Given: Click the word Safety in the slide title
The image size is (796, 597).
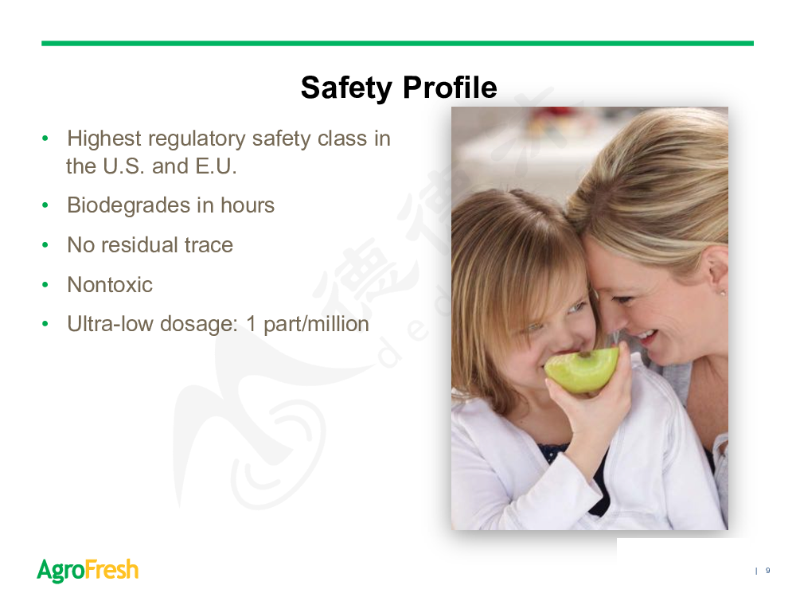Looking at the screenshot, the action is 346,88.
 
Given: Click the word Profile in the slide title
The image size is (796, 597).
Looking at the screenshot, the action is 450,87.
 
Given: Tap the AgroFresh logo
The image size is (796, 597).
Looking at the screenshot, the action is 88,570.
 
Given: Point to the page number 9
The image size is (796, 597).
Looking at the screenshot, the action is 767,571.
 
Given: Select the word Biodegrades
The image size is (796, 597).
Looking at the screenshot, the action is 129,206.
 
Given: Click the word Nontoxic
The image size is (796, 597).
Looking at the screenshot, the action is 110,285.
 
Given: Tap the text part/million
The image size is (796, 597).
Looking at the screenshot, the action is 316,325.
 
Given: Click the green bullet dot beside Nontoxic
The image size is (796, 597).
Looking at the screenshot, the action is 45,285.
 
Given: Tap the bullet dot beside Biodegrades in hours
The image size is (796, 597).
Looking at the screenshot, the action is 45,205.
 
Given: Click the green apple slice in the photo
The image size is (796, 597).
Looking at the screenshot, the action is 582,370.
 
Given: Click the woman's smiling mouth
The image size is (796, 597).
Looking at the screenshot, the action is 644,337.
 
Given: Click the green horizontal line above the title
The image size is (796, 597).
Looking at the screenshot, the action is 397,44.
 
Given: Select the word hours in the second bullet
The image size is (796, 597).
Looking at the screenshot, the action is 248,205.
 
